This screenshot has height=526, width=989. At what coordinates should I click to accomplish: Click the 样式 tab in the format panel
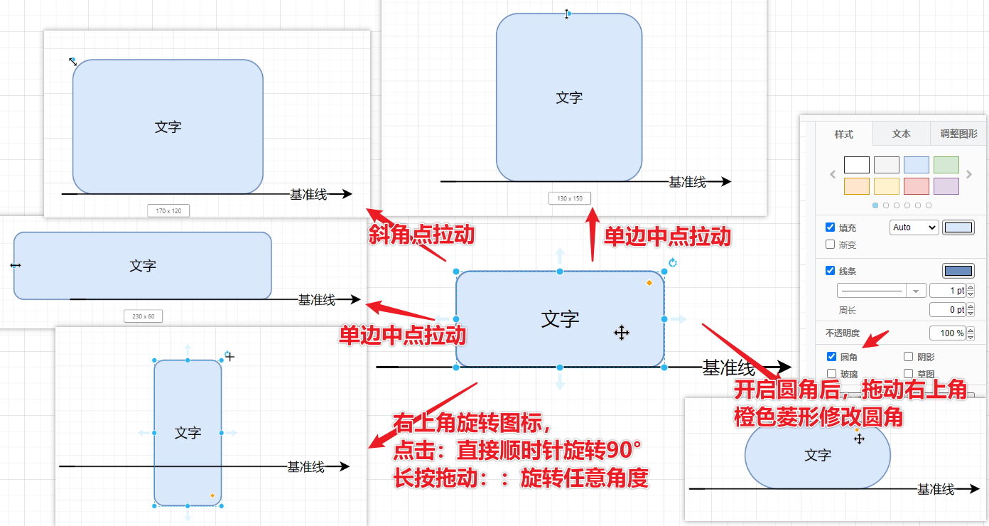844,134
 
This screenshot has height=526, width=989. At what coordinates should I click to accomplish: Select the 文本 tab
902,134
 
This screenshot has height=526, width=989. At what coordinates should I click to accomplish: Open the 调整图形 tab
958,134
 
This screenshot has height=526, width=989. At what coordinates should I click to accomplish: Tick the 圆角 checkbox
832,357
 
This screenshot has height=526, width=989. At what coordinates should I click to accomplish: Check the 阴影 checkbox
908,357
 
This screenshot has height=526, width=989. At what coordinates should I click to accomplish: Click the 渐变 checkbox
831,245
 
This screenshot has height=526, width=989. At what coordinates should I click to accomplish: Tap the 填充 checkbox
831,227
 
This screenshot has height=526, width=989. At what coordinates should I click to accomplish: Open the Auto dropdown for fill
914,227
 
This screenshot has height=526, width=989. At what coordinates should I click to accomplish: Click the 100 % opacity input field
948,333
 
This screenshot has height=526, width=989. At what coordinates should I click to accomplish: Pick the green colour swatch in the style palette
946,165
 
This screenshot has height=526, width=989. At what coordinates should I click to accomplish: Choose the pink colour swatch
916,186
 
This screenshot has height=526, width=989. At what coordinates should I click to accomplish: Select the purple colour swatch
946,186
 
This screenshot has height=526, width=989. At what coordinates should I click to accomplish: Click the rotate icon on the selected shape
673,263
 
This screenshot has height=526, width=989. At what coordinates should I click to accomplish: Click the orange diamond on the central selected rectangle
649,283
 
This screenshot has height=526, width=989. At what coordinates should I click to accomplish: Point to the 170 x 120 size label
168,210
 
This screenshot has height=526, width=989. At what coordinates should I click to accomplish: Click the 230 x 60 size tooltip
143,316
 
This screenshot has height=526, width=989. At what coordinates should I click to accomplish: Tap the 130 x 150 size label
570,198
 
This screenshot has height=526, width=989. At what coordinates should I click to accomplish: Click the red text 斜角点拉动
421,235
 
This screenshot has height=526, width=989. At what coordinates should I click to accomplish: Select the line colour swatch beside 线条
958,271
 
